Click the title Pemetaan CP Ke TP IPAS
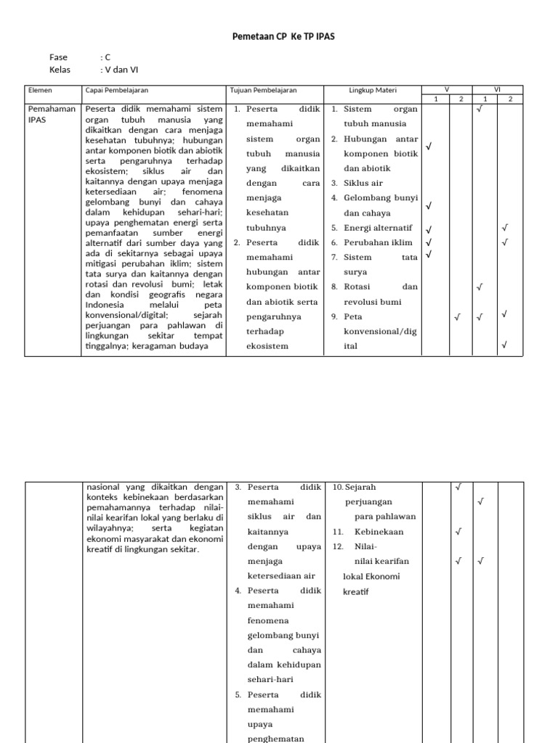[283, 36]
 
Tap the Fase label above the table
[58, 57]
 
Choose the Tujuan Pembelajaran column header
[264, 90]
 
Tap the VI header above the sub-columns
[497, 89]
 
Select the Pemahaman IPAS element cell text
[52, 114]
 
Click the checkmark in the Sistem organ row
[479, 110]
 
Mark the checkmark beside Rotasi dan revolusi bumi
[479, 287]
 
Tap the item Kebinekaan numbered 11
[378, 532]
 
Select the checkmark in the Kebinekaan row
[458, 532]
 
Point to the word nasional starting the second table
[105, 488]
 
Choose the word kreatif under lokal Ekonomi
[356, 592]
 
